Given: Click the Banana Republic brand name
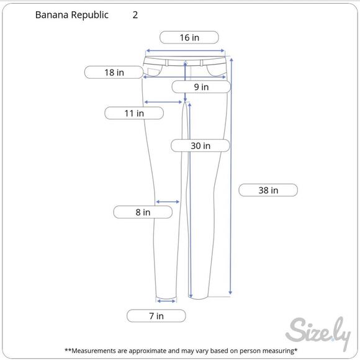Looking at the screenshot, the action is click(x=71, y=15).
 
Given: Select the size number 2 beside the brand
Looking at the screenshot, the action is click(x=135, y=15).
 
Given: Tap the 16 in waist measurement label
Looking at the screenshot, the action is click(x=189, y=37).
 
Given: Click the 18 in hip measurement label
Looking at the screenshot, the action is click(x=114, y=73).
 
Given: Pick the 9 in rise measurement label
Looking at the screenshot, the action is click(x=201, y=87).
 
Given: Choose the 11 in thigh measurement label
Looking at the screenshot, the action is click(x=134, y=113).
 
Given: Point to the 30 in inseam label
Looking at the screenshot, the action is click(x=200, y=146).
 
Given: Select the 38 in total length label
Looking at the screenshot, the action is click(x=268, y=190).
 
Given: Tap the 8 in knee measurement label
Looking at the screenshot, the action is click(x=143, y=212).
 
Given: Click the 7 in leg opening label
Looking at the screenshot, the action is click(x=156, y=316).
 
